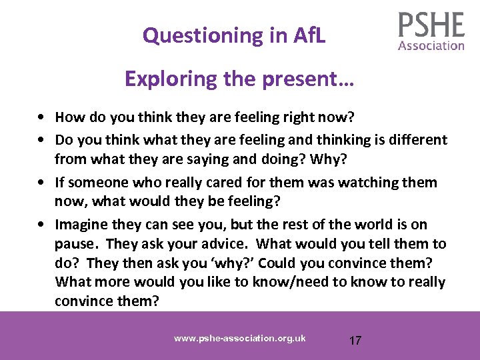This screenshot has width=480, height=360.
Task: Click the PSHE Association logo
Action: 431,31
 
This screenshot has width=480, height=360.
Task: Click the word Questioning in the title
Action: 194,35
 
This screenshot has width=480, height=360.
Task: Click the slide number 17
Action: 355,341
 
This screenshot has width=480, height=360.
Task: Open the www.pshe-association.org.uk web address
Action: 240,338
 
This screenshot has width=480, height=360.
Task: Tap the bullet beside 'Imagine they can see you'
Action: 42,225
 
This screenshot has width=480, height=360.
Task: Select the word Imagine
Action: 79,225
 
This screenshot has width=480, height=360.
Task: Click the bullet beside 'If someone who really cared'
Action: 42,183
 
